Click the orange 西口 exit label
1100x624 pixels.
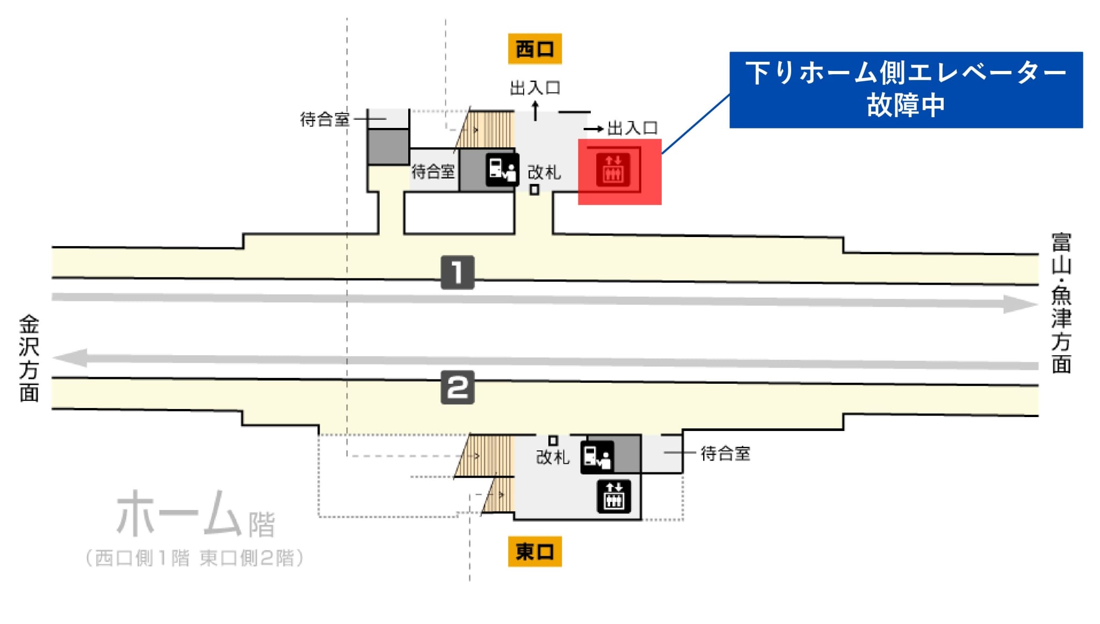coord(534,49)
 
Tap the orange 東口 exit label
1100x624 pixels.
coord(534,551)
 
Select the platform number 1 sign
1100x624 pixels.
coord(457,272)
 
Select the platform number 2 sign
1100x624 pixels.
coord(457,387)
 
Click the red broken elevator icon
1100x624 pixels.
coord(613,169)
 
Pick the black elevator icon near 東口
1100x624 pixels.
coord(614,496)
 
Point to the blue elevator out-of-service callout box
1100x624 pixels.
coord(906,90)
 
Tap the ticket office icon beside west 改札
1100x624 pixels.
coord(502,169)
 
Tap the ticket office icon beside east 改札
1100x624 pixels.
coord(597,457)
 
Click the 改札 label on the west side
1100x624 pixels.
coord(544,173)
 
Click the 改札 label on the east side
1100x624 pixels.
coord(553,457)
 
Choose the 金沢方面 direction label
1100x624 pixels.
coord(29,358)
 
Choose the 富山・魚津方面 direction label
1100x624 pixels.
coord(1061,303)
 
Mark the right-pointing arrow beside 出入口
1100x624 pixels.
coord(594,129)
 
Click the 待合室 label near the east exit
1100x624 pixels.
coord(725,454)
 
